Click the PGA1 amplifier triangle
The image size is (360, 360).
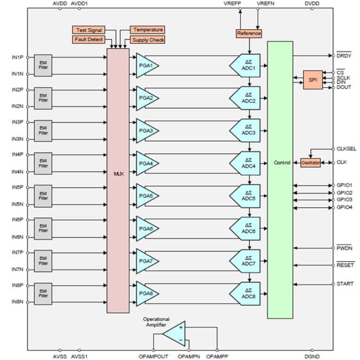(146, 65)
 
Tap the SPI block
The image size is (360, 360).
(312, 80)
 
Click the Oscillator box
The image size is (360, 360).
(311, 163)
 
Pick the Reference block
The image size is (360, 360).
(249, 34)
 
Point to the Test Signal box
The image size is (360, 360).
(88, 30)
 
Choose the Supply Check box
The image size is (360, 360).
(147, 40)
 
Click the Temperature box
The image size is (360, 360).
(147, 30)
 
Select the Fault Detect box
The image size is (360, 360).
(88, 40)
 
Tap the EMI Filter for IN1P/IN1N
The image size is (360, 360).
(43, 65)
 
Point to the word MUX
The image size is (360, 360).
(118, 174)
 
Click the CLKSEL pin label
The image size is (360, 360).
(346, 149)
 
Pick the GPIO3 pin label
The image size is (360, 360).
(345, 200)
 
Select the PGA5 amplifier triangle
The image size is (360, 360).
(146, 196)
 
